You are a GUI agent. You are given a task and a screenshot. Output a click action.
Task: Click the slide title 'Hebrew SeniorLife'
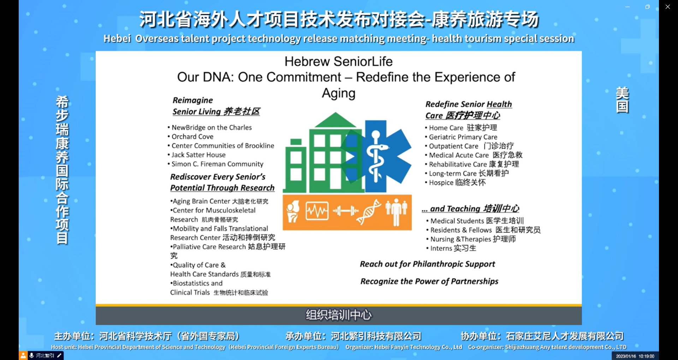(x=338, y=61)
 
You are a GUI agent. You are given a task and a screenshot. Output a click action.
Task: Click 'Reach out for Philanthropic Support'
(x=427, y=264)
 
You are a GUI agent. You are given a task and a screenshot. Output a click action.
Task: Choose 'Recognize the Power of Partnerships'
(x=429, y=281)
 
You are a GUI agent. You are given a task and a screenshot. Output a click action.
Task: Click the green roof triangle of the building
(x=335, y=120)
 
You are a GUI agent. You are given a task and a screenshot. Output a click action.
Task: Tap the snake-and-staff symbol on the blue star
(x=376, y=156)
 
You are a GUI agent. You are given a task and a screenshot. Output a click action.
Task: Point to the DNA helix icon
(x=369, y=212)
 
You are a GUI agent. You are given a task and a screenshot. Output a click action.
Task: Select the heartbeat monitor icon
(x=317, y=211)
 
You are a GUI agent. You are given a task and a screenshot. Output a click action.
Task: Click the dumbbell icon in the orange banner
(x=346, y=211)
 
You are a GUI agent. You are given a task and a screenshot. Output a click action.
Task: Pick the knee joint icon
(x=293, y=212)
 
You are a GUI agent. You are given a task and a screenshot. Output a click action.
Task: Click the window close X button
(x=667, y=7)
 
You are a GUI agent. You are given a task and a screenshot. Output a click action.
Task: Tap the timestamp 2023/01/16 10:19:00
(x=635, y=356)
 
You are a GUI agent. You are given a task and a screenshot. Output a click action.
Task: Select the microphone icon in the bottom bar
(x=31, y=355)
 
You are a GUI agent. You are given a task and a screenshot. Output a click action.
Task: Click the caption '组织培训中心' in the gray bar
(x=339, y=315)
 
